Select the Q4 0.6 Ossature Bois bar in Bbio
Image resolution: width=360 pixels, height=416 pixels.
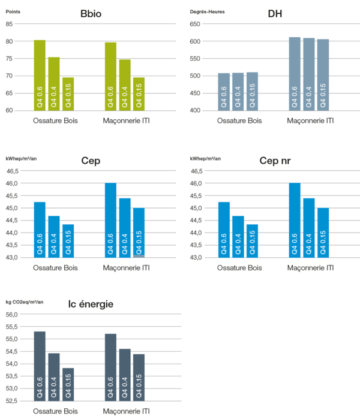[x=40, y=75]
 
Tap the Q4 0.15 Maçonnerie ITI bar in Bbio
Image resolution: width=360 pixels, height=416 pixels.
[x=139, y=94]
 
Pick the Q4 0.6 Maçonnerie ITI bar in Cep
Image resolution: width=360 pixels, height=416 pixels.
[x=110, y=220]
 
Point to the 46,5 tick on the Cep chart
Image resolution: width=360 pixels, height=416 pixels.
[x=13, y=171]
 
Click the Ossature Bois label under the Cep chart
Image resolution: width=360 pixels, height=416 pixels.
[x=54, y=267]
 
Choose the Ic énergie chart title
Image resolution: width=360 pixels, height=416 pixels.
[x=91, y=305]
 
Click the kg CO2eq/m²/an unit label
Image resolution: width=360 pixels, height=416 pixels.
[x=25, y=302]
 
